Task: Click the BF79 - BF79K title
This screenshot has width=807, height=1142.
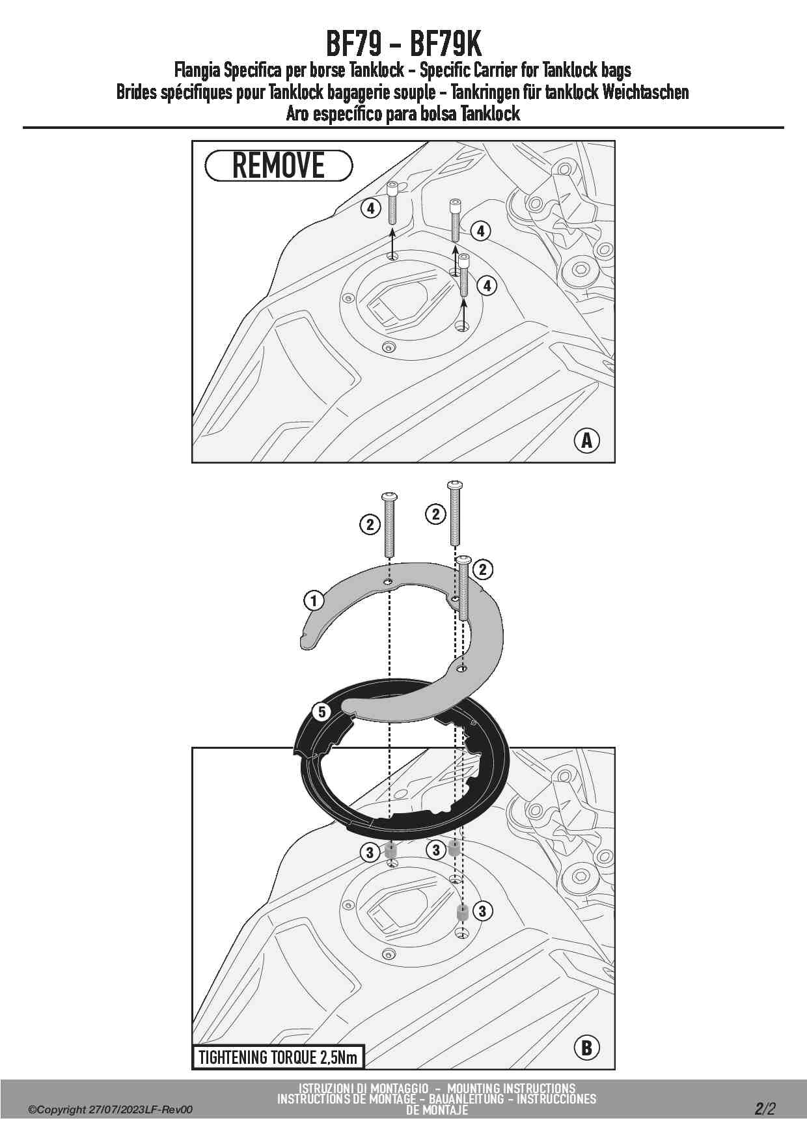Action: [x=403, y=44]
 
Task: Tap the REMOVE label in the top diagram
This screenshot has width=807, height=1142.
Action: [x=279, y=165]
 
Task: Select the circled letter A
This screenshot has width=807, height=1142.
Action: [x=586, y=440]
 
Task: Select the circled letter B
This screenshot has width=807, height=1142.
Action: [x=586, y=1048]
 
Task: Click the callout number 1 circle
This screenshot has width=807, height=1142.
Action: [x=314, y=600]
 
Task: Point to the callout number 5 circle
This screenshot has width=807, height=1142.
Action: [x=322, y=712]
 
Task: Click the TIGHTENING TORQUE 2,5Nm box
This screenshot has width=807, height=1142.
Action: [x=278, y=1057]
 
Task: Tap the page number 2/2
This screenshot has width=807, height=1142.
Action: [x=765, y=1108]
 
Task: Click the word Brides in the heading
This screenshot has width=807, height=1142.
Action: [x=136, y=92]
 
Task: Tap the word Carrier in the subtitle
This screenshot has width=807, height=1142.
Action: [x=498, y=70]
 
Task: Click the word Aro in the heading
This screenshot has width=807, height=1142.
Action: [x=297, y=114]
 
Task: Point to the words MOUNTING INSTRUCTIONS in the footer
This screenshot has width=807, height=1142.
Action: [x=512, y=1088]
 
